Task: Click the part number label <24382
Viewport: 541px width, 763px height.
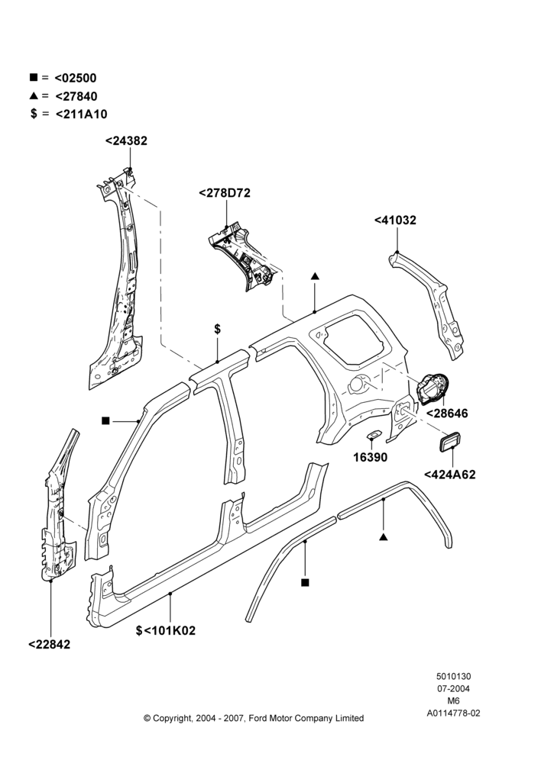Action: click(126, 140)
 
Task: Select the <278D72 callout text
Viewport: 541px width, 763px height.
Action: click(225, 193)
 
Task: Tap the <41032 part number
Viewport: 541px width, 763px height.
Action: click(395, 221)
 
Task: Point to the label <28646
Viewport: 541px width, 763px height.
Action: click(447, 414)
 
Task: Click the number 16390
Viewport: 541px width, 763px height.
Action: click(371, 457)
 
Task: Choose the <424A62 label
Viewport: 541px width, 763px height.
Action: click(449, 475)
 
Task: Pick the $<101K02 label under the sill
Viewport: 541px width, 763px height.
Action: click(166, 631)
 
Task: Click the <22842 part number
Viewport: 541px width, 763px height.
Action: click(49, 644)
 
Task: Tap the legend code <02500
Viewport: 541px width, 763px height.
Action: click(76, 78)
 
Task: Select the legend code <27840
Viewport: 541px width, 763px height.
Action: click(76, 96)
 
